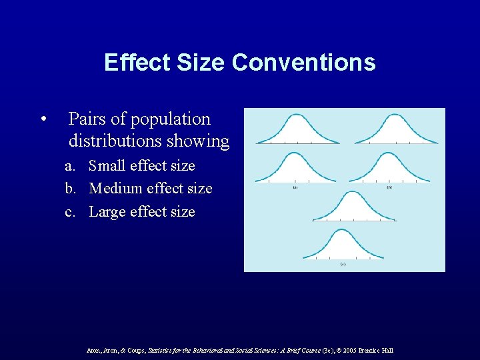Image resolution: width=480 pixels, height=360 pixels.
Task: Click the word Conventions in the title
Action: [303, 63]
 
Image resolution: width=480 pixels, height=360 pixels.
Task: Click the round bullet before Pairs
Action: [43, 120]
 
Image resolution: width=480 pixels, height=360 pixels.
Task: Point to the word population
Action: [170, 119]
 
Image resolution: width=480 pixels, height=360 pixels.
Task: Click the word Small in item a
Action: [107, 165]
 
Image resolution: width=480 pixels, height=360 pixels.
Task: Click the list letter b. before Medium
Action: [71, 189]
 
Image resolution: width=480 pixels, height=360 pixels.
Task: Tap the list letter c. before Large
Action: [71, 212]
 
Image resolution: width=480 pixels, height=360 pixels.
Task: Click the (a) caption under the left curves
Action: [295, 187]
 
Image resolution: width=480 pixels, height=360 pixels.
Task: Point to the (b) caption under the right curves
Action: [389, 187]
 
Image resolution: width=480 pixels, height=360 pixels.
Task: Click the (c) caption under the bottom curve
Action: [343, 264]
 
